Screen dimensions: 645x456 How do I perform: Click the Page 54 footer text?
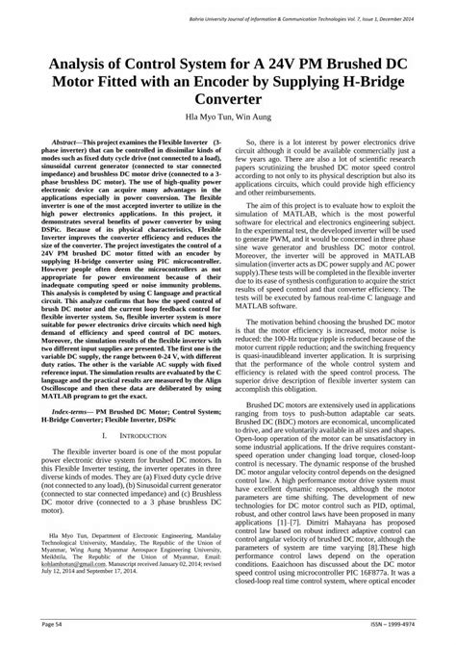46,624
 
